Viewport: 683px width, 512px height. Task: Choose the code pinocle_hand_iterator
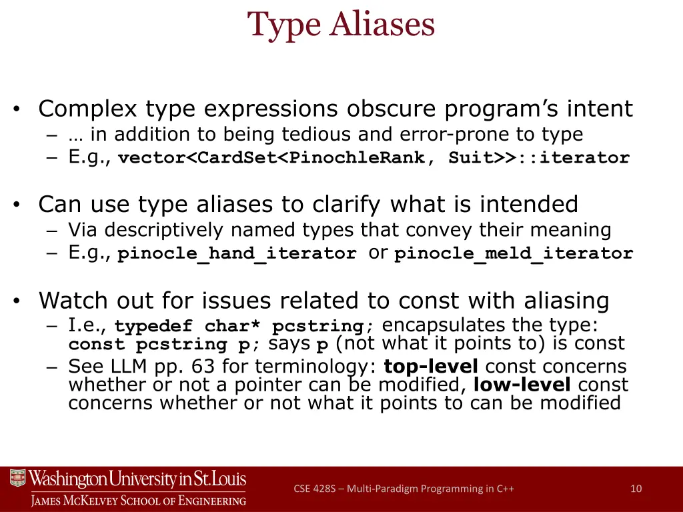tap(237, 254)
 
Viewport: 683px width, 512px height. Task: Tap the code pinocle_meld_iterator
tap(514, 254)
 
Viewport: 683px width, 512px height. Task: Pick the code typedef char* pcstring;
tap(245, 327)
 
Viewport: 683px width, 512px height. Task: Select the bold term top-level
tap(432, 366)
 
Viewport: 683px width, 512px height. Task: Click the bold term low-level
tap(522, 385)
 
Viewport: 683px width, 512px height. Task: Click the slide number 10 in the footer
tap(636, 489)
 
